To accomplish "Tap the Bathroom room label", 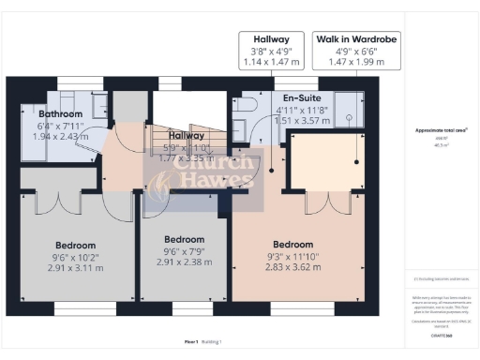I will coord(44,112).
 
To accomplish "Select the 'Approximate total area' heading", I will coord(441,131).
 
